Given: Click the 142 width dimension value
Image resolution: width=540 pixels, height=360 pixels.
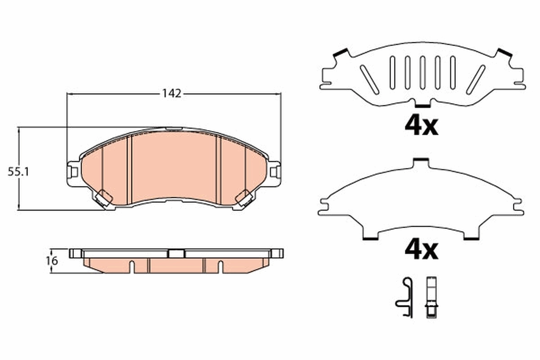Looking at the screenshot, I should pos(172,94).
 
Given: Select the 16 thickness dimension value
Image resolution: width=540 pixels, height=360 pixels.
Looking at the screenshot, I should pos(52,261).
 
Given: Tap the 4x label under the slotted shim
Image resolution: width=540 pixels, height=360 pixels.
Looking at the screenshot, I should pos(421,126).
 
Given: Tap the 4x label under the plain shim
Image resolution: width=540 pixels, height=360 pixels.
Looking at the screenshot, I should pos(421,250).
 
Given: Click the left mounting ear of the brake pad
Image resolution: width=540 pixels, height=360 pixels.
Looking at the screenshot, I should pos(72,171).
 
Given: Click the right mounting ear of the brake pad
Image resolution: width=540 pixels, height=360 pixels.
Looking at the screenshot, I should pos(274,171).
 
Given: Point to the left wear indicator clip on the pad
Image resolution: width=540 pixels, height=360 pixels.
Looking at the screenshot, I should pos(104,198).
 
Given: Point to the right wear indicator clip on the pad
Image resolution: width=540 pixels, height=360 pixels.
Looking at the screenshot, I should pos(244,198).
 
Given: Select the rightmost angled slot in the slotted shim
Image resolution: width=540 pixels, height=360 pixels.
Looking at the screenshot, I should pos(475,79).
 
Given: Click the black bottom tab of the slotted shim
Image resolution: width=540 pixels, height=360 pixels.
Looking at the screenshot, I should pos(422,106).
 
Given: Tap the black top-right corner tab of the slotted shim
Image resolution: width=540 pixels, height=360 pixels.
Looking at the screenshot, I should pos(504,53).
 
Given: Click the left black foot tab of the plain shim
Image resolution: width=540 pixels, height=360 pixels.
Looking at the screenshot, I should pos(370,238).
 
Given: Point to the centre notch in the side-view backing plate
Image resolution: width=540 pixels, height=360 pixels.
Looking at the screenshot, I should pos(176,253).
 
